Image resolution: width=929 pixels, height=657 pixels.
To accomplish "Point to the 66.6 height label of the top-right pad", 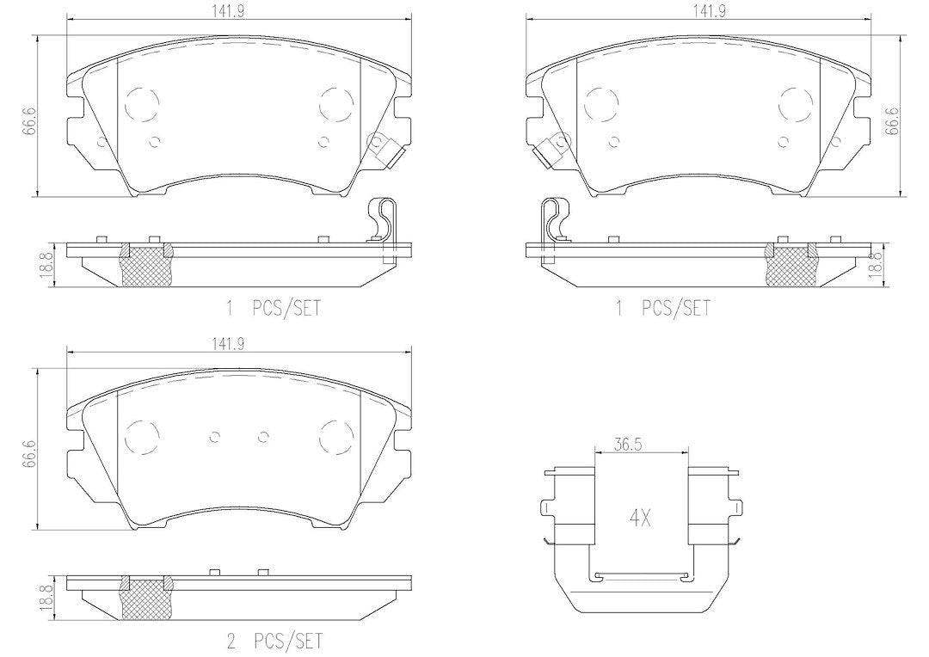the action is tap(892, 121).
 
